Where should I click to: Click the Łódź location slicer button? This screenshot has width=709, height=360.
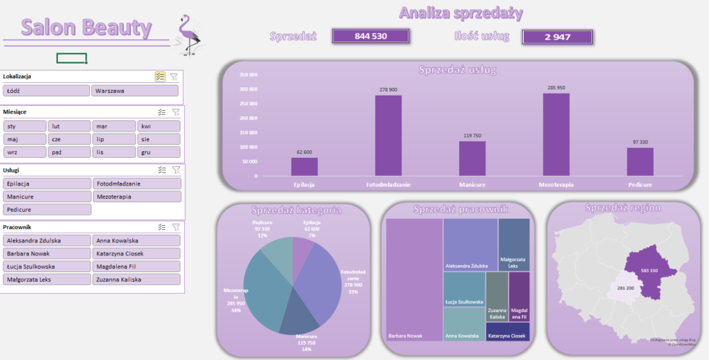46,91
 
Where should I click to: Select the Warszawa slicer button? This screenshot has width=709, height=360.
134,91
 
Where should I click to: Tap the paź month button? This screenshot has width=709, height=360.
69,152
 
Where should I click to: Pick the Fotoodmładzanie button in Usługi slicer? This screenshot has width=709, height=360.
136,183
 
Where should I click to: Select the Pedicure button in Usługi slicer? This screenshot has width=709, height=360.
47,209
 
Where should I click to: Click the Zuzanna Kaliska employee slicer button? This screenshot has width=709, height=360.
136,280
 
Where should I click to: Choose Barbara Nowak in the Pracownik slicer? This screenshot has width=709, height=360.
47,253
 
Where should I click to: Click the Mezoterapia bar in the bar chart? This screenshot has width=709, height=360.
556,135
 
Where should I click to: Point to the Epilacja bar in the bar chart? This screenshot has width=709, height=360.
304,167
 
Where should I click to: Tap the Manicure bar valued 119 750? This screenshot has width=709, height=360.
472,159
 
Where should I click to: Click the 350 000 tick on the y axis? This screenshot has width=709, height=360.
247,75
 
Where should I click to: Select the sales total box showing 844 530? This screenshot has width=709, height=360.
370,36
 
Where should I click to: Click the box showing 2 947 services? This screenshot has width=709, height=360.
557,37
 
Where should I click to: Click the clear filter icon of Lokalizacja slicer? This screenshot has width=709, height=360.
174,77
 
